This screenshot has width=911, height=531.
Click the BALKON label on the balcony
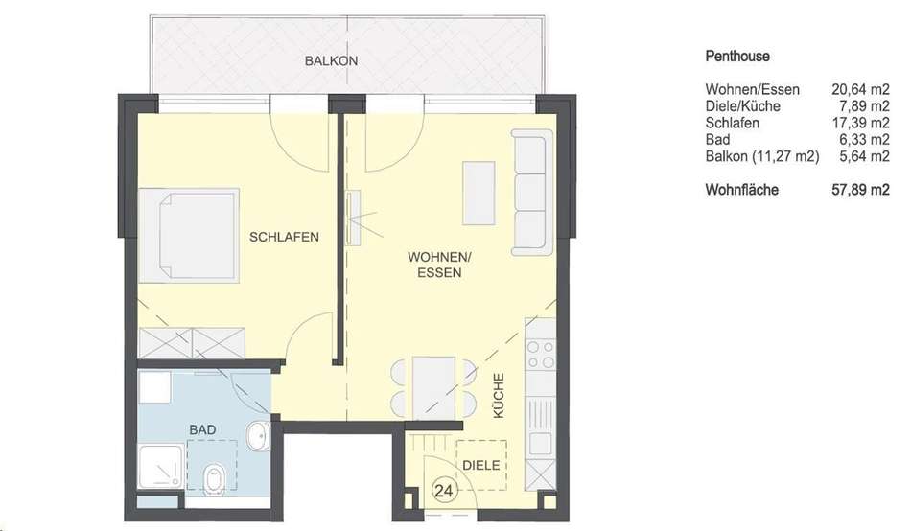click(331, 61)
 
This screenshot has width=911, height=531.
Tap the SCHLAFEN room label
click(284, 237)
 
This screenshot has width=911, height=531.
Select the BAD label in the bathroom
click(202, 430)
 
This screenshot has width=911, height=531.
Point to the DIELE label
click(481, 466)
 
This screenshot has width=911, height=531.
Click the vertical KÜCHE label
click(499, 396)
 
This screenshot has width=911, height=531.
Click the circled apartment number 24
click(443, 492)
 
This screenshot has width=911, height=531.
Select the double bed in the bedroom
click(189, 235)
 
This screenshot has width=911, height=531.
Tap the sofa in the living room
click(532, 193)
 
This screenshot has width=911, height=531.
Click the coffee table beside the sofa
click(479, 193)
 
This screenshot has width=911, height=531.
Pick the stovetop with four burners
click(540, 355)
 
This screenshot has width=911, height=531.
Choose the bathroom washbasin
click(258, 436)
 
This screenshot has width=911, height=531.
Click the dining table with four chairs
click(434, 388)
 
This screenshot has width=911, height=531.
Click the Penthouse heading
click(737, 57)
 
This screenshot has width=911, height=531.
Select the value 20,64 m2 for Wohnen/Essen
click(860, 89)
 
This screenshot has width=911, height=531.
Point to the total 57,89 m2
click(860, 190)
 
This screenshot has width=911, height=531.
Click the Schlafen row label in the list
click(732, 123)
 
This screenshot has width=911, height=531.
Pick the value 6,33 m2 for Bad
click(865, 140)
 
